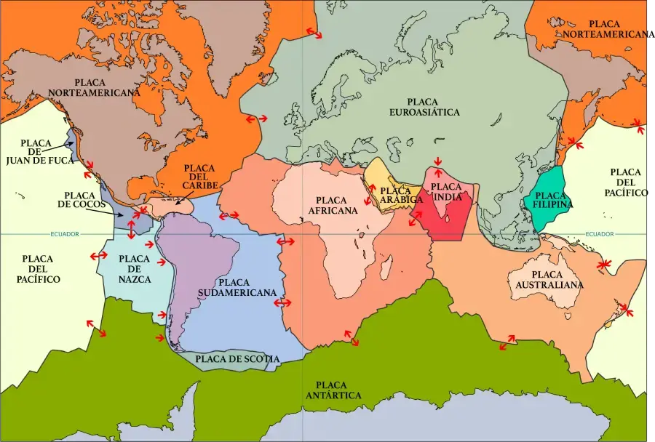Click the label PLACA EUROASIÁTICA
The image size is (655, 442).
[434, 107]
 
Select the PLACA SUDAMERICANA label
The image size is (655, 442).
[247, 287]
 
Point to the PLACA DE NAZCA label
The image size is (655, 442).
[135, 269]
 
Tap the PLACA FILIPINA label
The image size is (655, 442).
[554, 200]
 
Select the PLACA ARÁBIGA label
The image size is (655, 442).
[401, 195]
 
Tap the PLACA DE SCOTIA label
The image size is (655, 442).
[237, 358]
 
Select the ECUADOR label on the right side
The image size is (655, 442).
[599, 234]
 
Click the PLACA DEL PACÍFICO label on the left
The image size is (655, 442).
[41, 269]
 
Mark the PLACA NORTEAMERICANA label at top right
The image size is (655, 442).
[615, 29]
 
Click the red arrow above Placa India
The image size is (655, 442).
[437, 161]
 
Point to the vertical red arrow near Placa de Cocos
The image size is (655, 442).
[131, 229]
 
